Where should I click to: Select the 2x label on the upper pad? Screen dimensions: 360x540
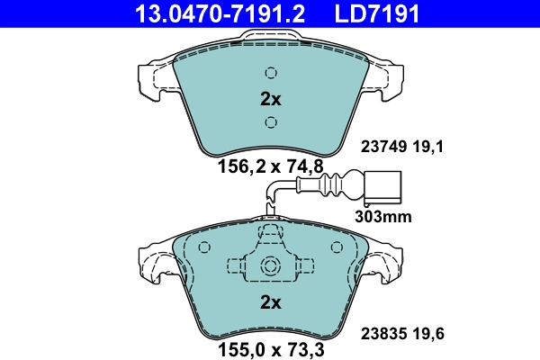271,98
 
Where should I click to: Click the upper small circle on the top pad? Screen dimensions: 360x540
271,74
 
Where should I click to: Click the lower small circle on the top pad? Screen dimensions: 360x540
271,121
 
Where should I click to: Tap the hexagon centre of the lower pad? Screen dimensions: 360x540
271,266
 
